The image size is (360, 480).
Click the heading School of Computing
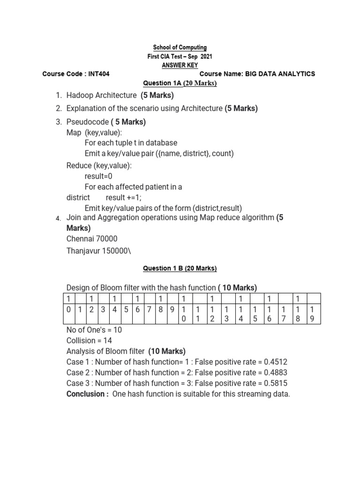[180, 48]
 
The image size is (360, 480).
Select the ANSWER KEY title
[180, 65]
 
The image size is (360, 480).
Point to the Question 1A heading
[180, 83]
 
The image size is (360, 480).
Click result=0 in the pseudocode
[98, 176]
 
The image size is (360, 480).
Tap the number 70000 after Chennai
[105, 239]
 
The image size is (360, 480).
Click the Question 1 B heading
[180, 269]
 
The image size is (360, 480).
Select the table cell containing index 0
[68, 309]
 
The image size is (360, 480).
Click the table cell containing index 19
[313, 314]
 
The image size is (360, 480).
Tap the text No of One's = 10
[94, 330]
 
